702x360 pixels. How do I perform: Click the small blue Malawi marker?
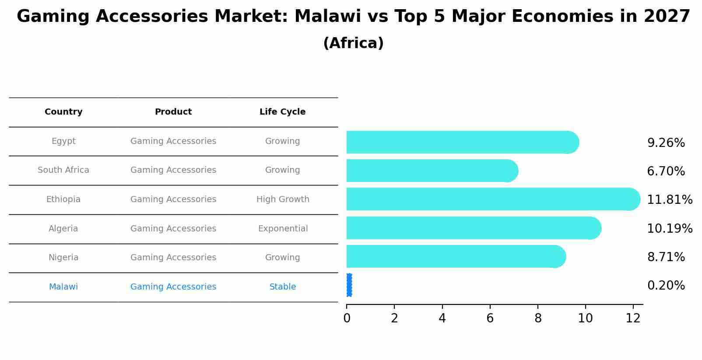(x=349, y=285)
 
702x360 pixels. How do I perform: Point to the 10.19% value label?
(x=670, y=229)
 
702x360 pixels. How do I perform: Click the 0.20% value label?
(x=666, y=286)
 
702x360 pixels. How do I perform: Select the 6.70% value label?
(x=666, y=171)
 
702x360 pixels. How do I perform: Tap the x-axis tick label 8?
(x=538, y=318)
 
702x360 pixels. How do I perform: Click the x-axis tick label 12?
(x=633, y=318)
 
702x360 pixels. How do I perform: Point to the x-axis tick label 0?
(x=347, y=318)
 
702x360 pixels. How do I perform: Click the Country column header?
(x=63, y=112)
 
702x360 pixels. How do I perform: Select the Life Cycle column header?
(x=282, y=112)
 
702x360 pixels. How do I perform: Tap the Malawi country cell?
(x=63, y=287)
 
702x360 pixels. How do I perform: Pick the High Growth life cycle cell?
(x=283, y=199)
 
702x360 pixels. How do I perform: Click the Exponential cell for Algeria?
(x=283, y=229)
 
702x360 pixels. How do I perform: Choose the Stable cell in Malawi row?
(x=283, y=287)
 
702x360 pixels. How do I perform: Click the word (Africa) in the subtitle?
(x=353, y=43)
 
